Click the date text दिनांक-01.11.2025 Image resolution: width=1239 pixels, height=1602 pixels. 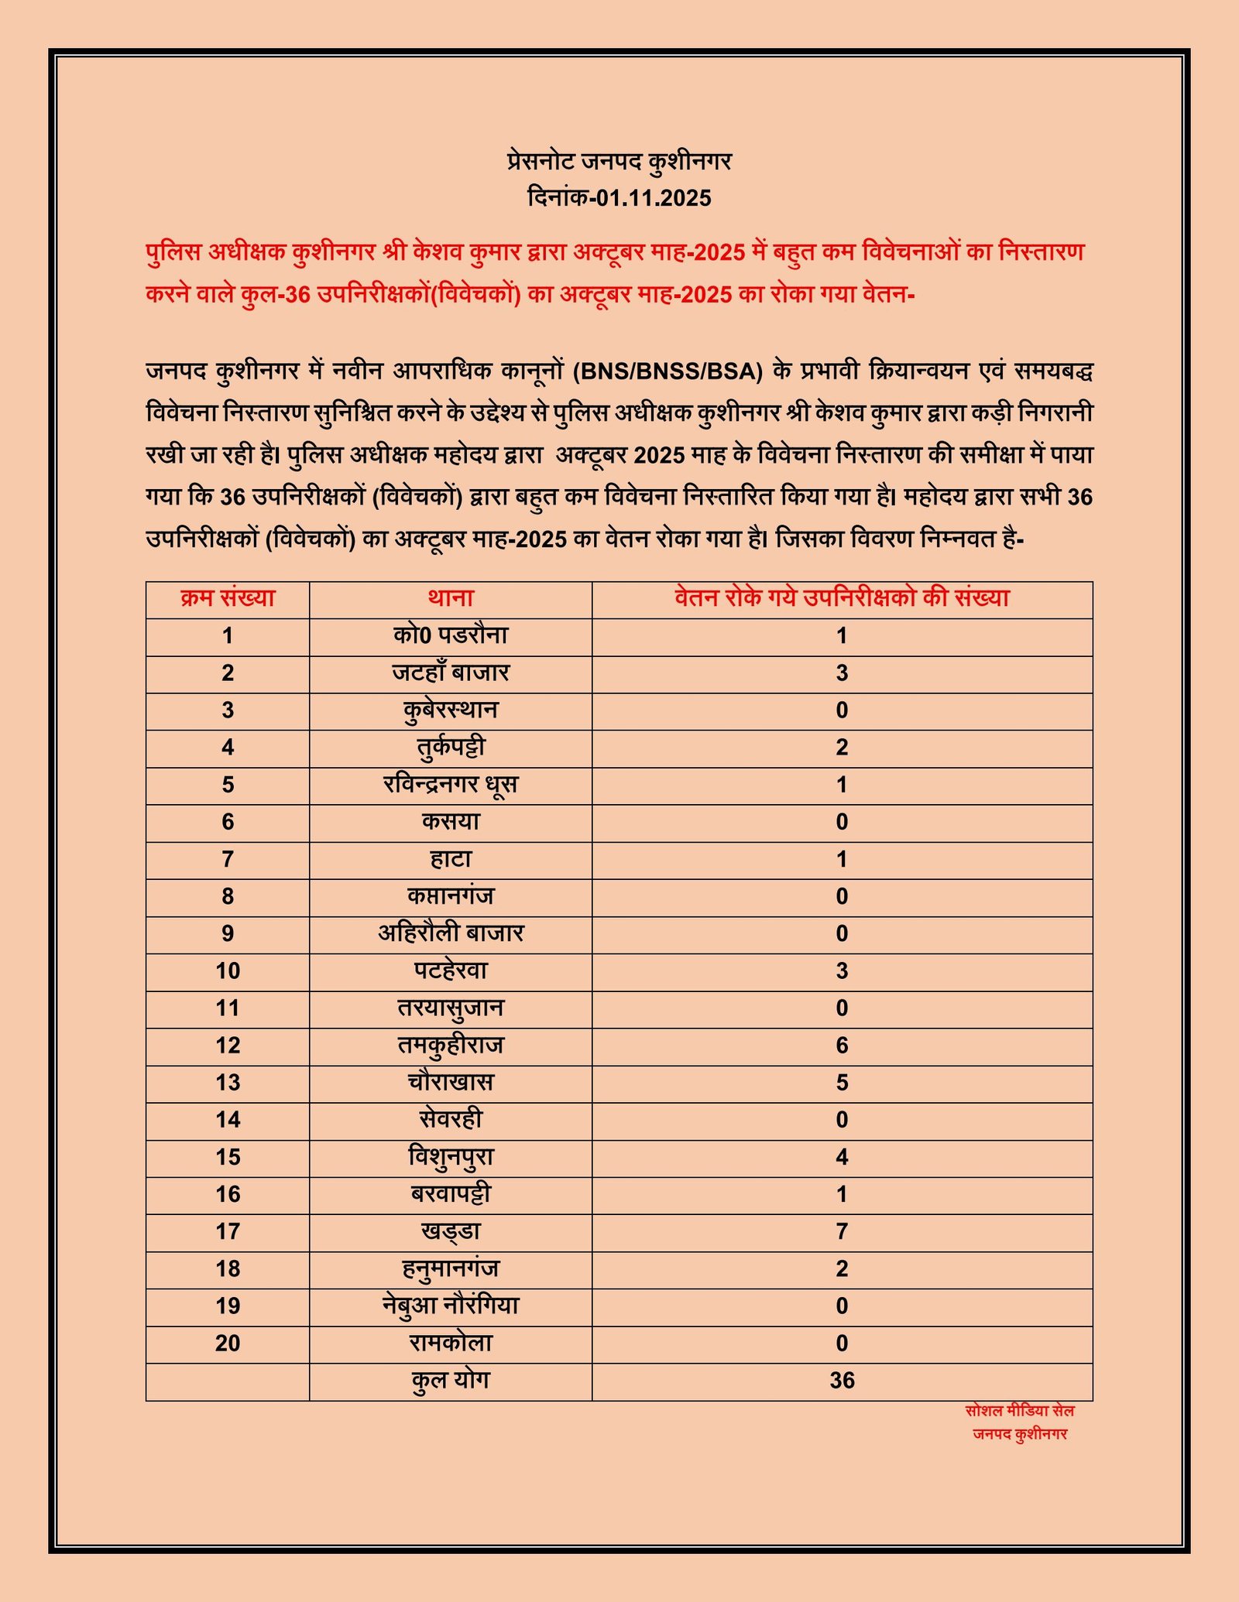(619, 197)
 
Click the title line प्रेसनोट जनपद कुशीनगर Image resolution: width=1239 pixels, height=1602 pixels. (619, 161)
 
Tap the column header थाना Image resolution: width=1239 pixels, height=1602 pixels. (451, 598)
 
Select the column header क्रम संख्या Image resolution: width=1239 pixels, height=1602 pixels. (228, 598)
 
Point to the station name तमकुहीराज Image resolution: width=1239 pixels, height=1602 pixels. (451, 1046)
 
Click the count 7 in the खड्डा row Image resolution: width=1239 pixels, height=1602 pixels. (842, 1231)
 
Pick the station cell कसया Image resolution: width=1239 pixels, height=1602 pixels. (451, 822)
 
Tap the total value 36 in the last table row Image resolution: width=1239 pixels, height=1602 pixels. (842, 1381)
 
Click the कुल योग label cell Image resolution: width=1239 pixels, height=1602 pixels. (451, 1381)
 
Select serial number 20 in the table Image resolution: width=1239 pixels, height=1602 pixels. (228, 1344)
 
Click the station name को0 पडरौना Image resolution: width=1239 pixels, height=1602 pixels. (451, 635)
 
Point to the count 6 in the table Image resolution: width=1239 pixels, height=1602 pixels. (842, 1046)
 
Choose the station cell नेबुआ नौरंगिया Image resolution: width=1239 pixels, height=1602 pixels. (451, 1306)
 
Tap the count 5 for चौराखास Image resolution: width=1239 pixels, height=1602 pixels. (842, 1083)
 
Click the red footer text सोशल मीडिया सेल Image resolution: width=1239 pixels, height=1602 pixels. (1019, 1411)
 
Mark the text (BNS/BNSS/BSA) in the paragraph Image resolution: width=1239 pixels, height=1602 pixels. (668, 371)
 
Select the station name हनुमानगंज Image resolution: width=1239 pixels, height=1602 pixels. (451, 1269)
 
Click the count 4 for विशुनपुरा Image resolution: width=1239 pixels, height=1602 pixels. (842, 1157)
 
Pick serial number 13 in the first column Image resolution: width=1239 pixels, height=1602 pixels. (228, 1083)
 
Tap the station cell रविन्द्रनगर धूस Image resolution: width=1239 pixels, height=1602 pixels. (451, 785)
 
